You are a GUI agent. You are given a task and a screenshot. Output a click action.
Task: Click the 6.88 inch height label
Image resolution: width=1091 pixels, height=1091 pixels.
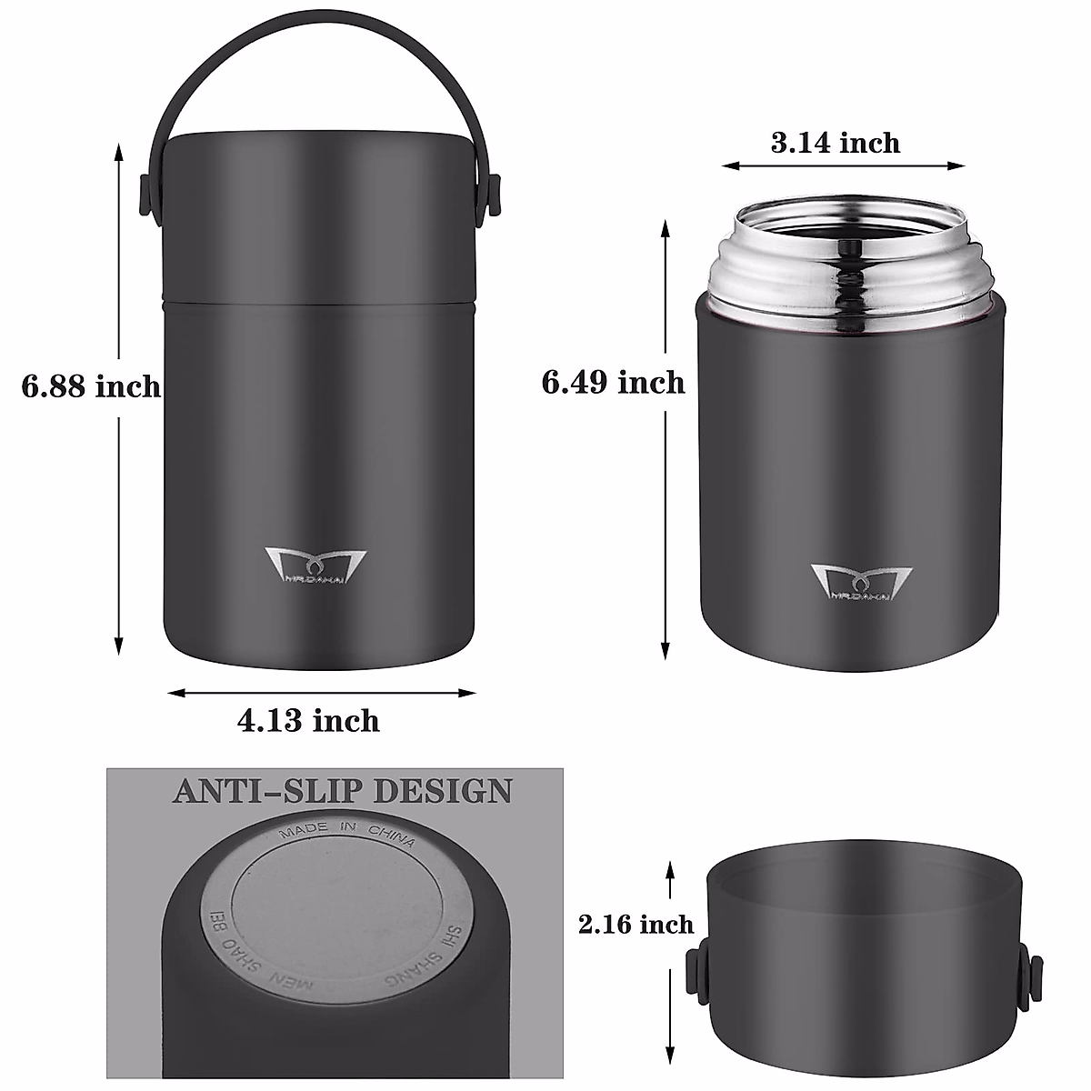click(91, 386)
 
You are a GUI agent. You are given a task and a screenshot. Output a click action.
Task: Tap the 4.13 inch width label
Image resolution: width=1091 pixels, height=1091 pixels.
click(308, 721)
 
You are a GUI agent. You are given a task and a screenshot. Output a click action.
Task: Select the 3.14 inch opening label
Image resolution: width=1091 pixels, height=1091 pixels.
click(836, 143)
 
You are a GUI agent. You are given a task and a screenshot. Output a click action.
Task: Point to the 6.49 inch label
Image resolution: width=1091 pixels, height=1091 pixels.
click(614, 382)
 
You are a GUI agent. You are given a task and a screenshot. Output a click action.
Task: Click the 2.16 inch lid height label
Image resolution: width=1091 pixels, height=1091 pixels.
click(636, 925)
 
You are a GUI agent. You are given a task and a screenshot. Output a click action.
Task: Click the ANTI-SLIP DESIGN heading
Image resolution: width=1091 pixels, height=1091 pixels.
click(342, 790)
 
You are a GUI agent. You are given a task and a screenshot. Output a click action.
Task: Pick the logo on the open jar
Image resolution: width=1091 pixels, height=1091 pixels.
click(858, 583)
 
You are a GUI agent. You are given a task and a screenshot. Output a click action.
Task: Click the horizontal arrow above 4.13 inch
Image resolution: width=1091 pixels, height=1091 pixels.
click(323, 693)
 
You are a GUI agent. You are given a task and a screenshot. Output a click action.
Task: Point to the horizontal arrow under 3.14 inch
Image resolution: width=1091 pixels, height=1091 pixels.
click(843, 165)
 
